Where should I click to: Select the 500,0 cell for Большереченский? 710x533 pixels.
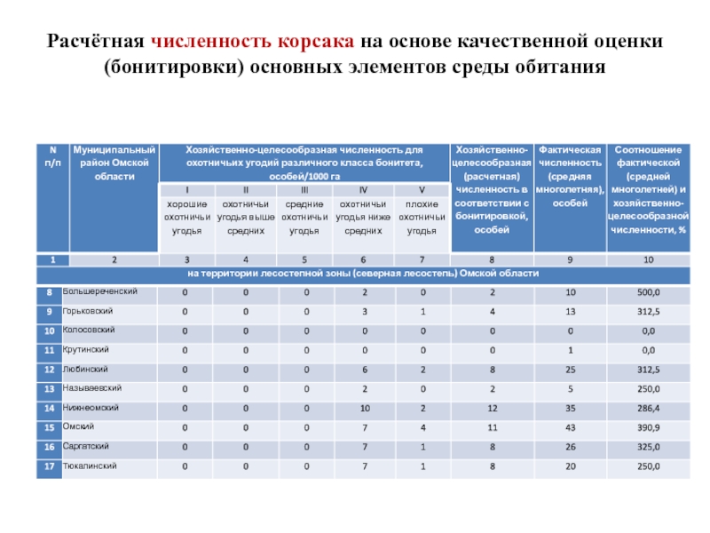coord(648,292)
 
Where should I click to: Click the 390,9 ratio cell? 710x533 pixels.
coord(648,428)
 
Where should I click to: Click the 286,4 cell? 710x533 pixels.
coord(648,409)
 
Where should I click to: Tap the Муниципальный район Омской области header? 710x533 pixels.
coord(114,163)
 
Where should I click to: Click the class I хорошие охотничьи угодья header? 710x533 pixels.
coord(186,211)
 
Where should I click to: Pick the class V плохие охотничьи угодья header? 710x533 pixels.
coord(422,211)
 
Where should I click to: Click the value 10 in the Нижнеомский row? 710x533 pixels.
coord(364,409)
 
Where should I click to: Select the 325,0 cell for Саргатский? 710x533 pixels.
coord(648,447)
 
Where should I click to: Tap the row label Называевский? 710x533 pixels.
coord(92,388)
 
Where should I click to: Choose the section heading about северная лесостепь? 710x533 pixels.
coord(363,273)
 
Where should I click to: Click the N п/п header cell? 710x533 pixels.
coord(52,157)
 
